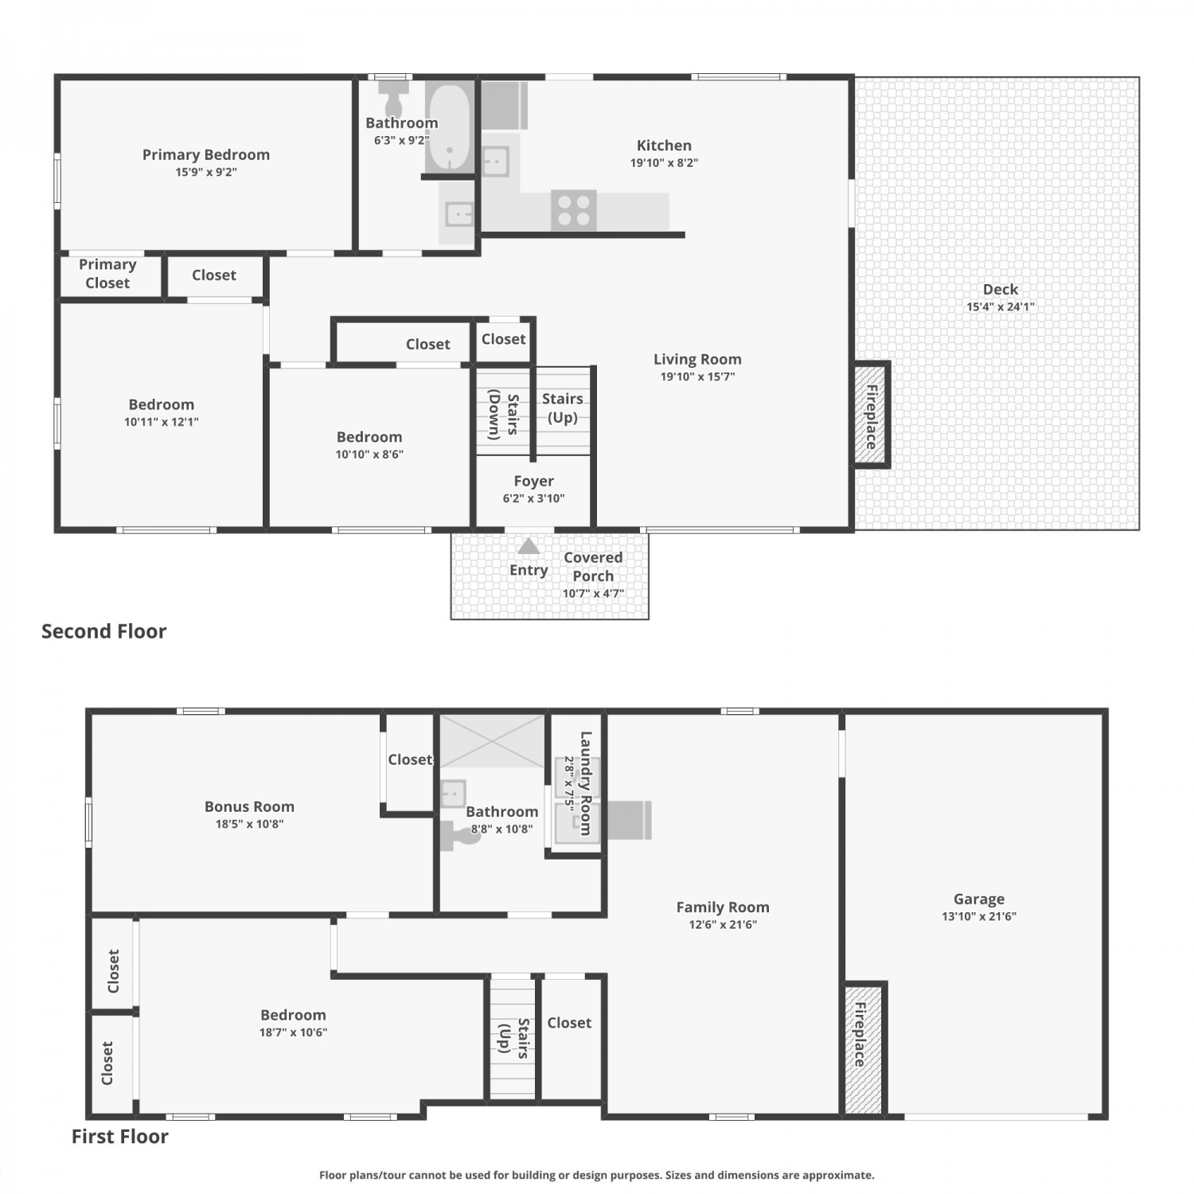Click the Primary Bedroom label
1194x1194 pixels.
click(x=206, y=154)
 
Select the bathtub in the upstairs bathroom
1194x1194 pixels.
click(x=450, y=127)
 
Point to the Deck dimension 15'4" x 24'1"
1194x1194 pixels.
click(x=1001, y=306)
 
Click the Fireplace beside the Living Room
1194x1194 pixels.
click(x=872, y=415)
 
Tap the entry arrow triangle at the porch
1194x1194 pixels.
click(x=529, y=546)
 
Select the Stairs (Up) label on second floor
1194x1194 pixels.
click(x=563, y=408)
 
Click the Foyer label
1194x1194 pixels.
click(x=533, y=481)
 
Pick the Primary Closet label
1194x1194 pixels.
click(x=107, y=273)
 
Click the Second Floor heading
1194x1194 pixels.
click(x=104, y=631)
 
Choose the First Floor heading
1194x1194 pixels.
click(x=120, y=1136)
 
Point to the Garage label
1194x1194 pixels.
click(x=979, y=899)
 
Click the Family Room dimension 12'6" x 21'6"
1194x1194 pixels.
click(x=723, y=924)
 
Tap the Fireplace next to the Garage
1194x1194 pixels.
click(x=863, y=1049)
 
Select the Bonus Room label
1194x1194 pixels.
click(x=249, y=806)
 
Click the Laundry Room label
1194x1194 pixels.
click(x=586, y=783)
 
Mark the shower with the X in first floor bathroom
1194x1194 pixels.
click(x=493, y=741)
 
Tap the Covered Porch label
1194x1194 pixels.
click(x=593, y=567)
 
